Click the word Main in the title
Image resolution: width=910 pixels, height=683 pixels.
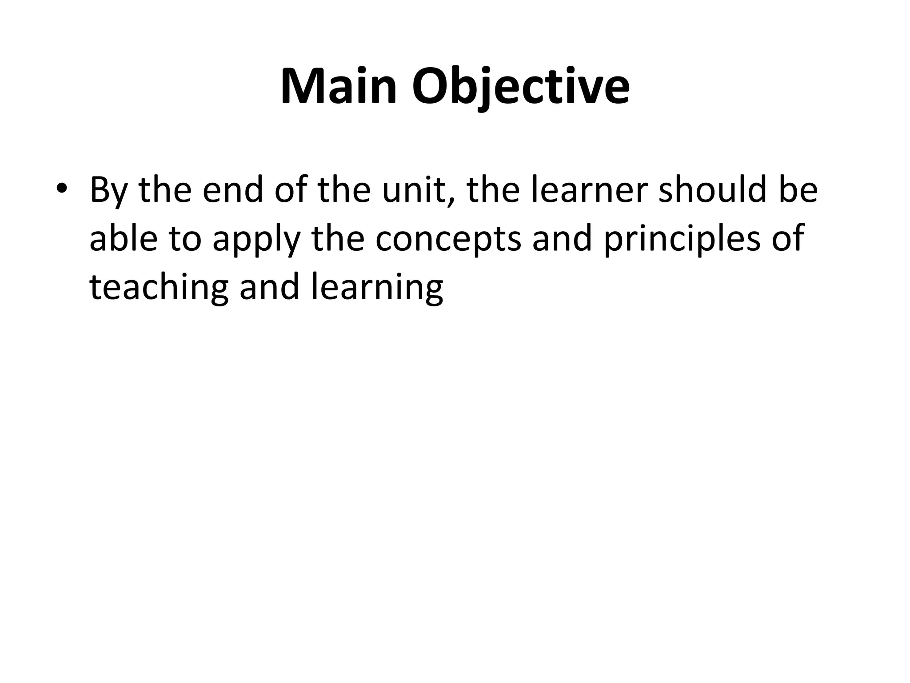(x=338, y=86)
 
